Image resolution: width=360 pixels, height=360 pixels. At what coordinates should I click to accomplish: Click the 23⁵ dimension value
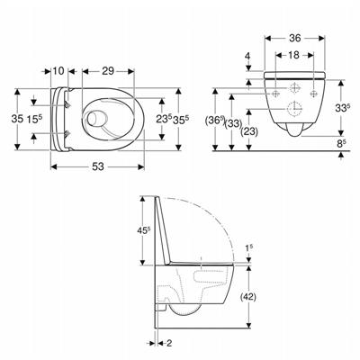point(161,118)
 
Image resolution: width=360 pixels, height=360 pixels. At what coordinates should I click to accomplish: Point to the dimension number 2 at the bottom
point(168,342)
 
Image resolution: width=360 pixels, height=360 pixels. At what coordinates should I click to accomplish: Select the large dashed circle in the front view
point(296,112)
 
